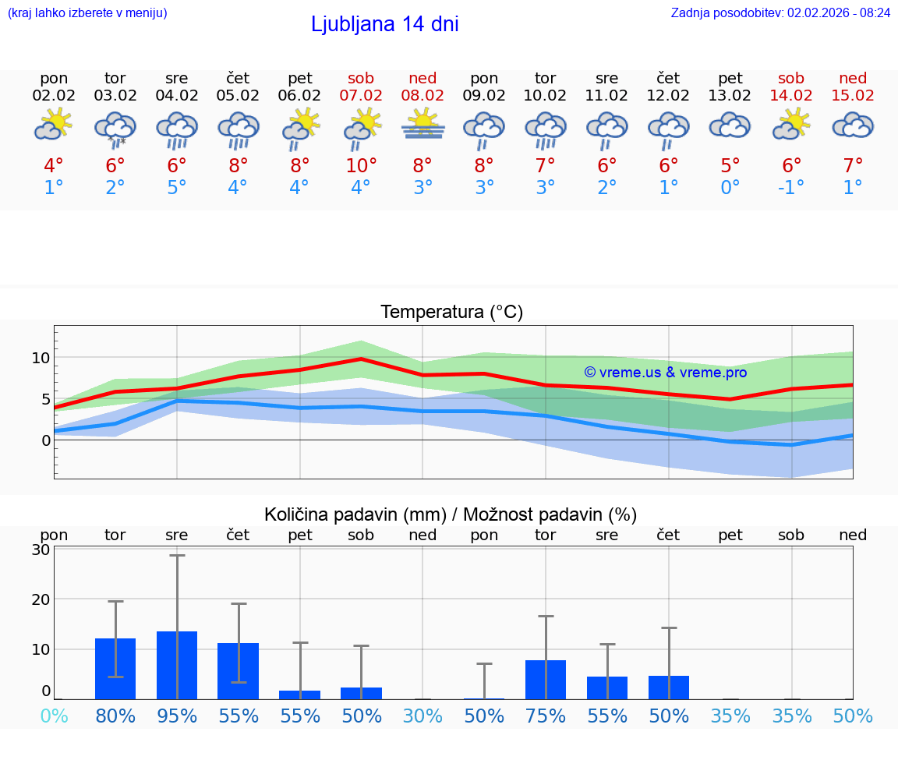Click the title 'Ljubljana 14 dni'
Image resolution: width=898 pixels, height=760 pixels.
pyautogui.click(x=384, y=24)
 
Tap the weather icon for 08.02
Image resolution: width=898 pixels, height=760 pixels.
pyautogui.click(x=422, y=125)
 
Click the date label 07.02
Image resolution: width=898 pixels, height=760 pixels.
pyautogui.click(x=361, y=96)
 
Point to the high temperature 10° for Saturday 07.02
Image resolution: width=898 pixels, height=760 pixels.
pyautogui.click(x=361, y=166)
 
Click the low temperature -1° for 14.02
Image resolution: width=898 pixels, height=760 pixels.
pyautogui.click(x=790, y=188)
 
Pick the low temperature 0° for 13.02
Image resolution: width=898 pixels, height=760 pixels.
pyautogui.click(x=730, y=188)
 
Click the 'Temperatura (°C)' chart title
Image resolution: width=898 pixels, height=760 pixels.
pyautogui.click(x=451, y=313)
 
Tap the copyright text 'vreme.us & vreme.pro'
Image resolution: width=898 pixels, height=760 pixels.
pyautogui.click(x=666, y=373)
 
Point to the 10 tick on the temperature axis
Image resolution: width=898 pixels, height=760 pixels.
pyautogui.click(x=41, y=359)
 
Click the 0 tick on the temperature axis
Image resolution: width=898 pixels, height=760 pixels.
pyautogui.click(x=45, y=440)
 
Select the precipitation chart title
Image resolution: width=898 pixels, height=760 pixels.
pyautogui.click(x=451, y=514)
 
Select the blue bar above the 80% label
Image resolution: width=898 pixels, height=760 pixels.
pyautogui.click(x=115, y=669)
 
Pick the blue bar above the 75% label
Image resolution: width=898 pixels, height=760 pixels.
pyautogui.click(x=546, y=680)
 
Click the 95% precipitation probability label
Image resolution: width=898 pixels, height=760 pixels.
pyautogui.click(x=177, y=716)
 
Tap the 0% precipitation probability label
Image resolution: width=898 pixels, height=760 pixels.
pyautogui.click(x=54, y=716)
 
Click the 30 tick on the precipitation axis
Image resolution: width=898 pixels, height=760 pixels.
pyautogui.click(x=41, y=550)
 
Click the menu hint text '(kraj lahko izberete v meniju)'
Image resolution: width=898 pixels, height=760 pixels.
pyautogui.click(x=87, y=13)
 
